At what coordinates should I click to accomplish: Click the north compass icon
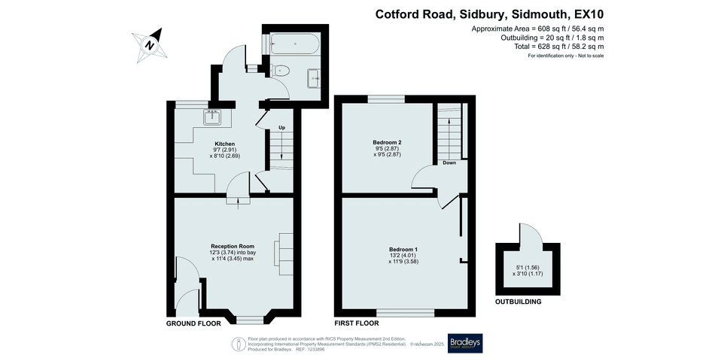tap(150, 44)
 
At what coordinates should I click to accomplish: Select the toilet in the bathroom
tap(281, 71)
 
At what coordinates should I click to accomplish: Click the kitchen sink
tap(211, 116)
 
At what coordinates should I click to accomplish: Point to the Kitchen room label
tap(225, 144)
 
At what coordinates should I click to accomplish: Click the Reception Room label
tap(233, 247)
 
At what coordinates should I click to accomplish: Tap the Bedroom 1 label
tap(403, 249)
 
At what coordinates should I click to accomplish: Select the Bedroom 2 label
tap(387, 142)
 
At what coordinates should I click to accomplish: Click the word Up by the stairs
tap(281, 128)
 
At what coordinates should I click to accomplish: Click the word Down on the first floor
tap(449, 162)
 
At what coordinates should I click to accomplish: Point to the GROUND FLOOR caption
tap(193, 323)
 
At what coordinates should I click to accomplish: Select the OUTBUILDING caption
tap(518, 302)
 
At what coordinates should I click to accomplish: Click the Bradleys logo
tap(465, 343)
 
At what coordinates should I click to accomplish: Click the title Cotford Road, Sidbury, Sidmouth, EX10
tap(489, 14)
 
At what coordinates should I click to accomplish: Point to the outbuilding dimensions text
tap(527, 271)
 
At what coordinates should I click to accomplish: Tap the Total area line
tap(553, 47)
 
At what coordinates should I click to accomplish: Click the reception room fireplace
tap(285, 249)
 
